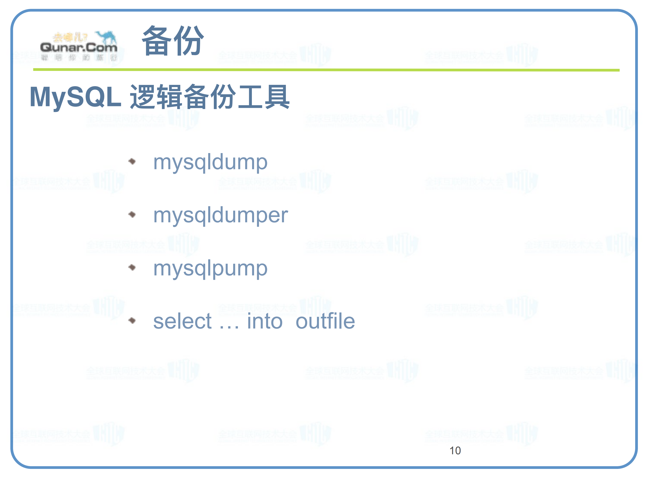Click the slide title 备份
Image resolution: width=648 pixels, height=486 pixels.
point(173,41)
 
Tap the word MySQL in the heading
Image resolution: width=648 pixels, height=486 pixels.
point(75,97)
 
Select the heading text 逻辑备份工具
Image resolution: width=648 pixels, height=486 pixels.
point(210,97)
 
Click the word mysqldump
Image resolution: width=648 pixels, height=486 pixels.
point(210,162)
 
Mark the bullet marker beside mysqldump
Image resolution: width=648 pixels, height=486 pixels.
point(132,161)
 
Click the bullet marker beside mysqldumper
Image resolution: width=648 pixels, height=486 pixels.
point(132,215)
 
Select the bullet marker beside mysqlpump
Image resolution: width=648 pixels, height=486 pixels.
point(132,267)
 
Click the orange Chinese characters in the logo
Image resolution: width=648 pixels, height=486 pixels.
point(70,37)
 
